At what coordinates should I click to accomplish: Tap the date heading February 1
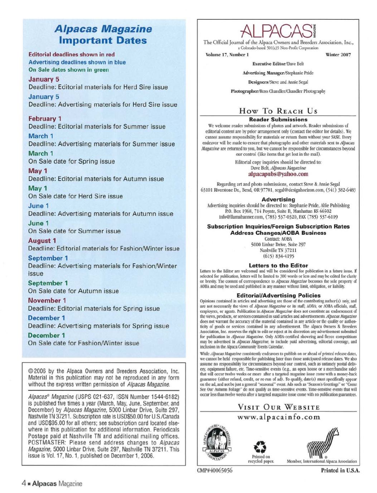[45, 119]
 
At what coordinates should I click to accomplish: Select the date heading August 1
[42, 241]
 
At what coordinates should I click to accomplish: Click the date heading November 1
[47, 301]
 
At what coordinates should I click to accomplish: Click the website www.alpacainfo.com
[278, 417]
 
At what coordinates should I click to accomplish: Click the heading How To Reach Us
[278, 111]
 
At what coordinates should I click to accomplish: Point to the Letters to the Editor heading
[278, 265]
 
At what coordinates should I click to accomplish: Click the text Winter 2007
[338, 55]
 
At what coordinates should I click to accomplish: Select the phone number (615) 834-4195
[278, 256]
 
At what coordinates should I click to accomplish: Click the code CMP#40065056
[214, 470]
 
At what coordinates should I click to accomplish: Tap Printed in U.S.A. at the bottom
[340, 470]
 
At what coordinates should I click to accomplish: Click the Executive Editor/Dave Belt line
[278, 64]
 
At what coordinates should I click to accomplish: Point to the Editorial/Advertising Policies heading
[278, 296]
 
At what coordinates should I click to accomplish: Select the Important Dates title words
[103, 40]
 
